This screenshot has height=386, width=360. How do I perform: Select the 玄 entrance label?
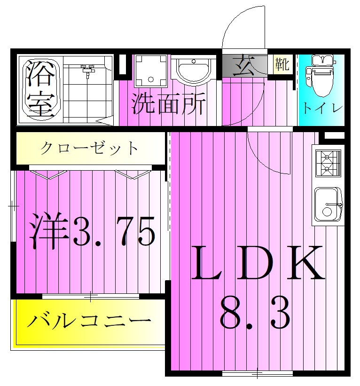(x=245, y=65)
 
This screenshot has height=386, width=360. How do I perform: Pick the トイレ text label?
(x=322, y=108)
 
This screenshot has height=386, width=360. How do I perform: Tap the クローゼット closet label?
(x=89, y=149)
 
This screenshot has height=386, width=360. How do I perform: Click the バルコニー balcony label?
(x=89, y=323)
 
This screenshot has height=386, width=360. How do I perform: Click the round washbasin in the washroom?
(x=194, y=71)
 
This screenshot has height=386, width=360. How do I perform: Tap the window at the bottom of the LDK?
(x=258, y=374)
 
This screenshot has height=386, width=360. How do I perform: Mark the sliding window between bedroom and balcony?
(x=91, y=296)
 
